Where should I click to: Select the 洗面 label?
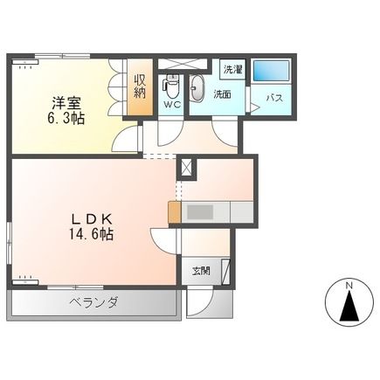point(223,94)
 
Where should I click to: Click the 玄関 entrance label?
point(201,271)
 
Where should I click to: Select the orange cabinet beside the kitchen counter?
point(175,212)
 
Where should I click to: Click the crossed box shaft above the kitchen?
point(185,168)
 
